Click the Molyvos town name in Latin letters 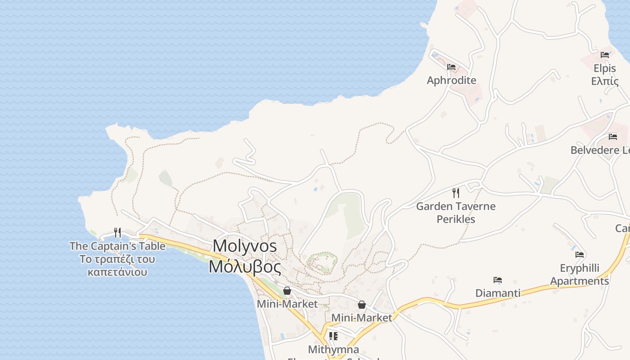click(x=245, y=246)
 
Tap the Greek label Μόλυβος click(x=245, y=267)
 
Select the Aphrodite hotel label click(x=451, y=81)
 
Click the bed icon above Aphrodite click(x=451, y=67)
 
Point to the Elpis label click(x=604, y=69)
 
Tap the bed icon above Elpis click(x=605, y=55)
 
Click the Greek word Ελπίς click(x=604, y=81)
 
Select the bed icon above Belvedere click(x=613, y=136)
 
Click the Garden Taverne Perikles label click(x=456, y=213)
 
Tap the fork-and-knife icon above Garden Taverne click(x=456, y=193)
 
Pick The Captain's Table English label click(x=117, y=246)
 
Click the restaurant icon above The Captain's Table click(x=117, y=232)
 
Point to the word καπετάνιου click(x=117, y=272)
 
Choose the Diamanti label click(x=498, y=293)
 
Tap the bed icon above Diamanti click(x=498, y=280)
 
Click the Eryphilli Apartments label click(x=580, y=274)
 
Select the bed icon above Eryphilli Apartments click(x=580, y=255)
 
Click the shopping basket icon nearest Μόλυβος click(x=287, y=291)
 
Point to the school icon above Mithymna click(x=333, y=336)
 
